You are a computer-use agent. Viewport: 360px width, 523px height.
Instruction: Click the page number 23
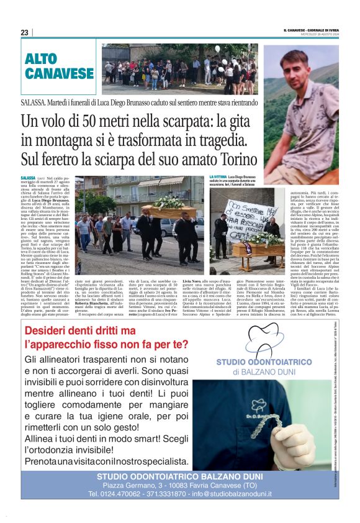tap(24, 32)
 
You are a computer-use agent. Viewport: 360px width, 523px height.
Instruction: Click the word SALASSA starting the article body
tap(29, 178)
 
